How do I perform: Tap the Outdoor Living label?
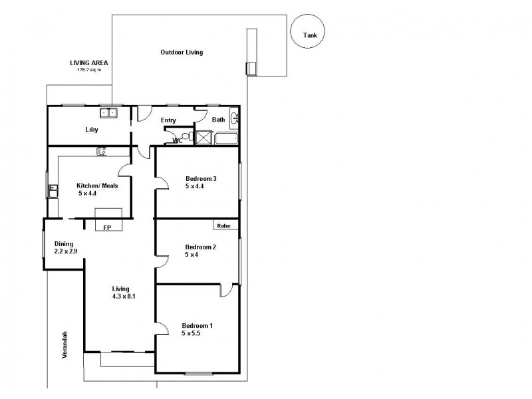182,52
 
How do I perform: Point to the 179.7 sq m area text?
89,69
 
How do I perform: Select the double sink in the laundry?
109,112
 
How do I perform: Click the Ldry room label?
91,130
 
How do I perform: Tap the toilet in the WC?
186,138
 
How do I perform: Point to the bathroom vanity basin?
235,119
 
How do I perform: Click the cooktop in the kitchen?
102,152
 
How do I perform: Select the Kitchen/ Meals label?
97,186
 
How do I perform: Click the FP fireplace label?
106,227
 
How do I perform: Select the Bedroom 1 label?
198,325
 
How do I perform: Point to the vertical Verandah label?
66,345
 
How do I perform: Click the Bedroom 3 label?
201,178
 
